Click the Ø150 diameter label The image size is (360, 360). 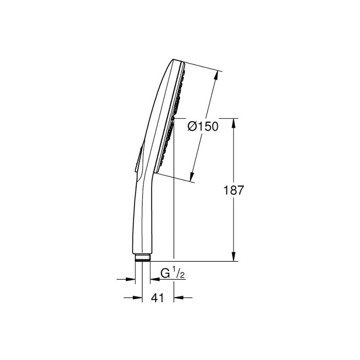pyautogui.click(x=203, y=126)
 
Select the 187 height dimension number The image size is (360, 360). pyautogui.click(x=233, y=190)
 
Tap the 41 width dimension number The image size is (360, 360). pyautogui.click(x=157, y=298)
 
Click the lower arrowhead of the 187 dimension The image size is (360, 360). pyautogui.click(x=234, y=256)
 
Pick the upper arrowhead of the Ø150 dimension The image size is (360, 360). pyautogui.click(x=216, y=75)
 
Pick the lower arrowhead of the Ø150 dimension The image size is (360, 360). pyautogui.click(x=192, y=176)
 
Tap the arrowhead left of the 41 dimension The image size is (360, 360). pyautogui.click(x=138, y=298)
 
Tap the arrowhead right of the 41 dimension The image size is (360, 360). pyautogui.click(x=178, y=298)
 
